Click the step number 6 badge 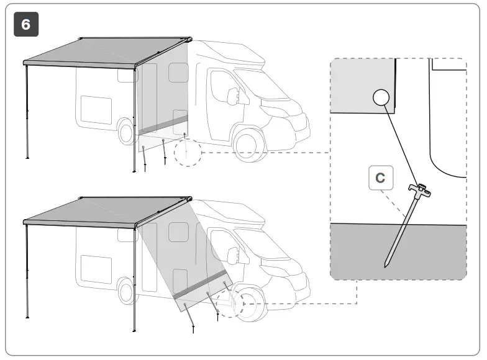[26, 24]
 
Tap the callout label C [380, 178]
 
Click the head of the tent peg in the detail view [421, 189]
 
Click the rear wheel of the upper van [127, 131]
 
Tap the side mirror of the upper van [234, 96]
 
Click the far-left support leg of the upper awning [27, 112]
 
